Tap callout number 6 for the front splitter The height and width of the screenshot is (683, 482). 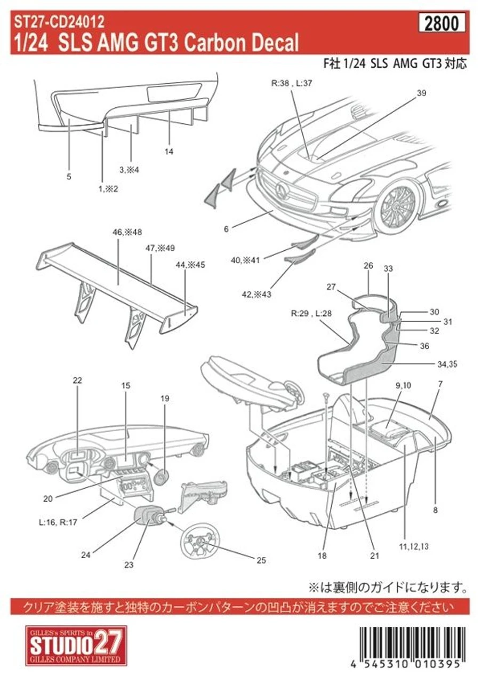point(226,228)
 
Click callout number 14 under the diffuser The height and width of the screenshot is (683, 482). point(169,152)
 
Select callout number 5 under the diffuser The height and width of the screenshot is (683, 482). point(69,176)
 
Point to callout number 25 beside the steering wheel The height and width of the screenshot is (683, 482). point(260,560)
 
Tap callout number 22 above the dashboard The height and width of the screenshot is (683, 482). point(78,380)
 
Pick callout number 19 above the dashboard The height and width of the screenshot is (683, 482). point(165,398)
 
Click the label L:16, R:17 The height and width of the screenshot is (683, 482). point(58,522)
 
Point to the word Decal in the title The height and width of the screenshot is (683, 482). point(270,43)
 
